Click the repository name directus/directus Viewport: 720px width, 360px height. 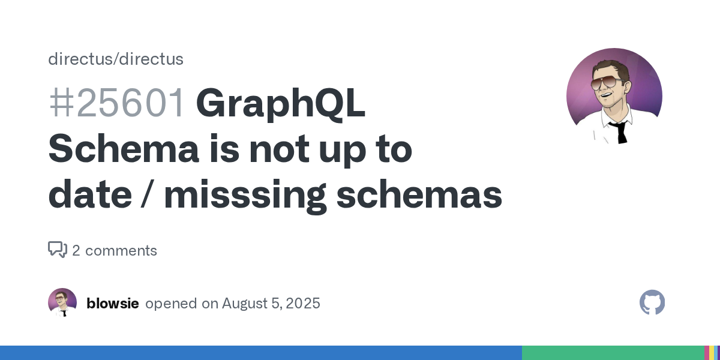point(116,59)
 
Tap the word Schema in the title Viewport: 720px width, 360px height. point(124,149)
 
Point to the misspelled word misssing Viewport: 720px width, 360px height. point(245,196)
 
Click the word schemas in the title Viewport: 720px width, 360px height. point(419,194)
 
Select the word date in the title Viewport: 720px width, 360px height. point(90,194)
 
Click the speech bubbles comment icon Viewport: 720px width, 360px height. point(58,250)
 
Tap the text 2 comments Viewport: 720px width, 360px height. point(115,251)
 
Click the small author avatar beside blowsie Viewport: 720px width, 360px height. point(62,302)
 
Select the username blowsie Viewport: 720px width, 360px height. point(113,304)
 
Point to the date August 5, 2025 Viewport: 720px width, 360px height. point(271,304)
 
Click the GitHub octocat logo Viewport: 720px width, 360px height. point(652,302)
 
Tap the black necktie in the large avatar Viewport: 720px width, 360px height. point(621,132)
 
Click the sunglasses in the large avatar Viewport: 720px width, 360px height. point(606,83)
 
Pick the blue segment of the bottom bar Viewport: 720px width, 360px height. point(260,353)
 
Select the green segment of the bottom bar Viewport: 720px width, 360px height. point(613,353)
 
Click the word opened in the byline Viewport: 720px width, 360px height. point(171,304)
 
